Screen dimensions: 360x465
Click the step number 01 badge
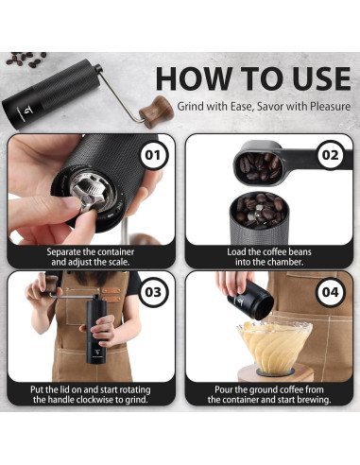click(152, 155)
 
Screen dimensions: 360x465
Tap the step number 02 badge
click(330, 155)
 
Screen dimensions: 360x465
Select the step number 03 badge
click(152, 292)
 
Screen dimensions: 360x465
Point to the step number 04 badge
click(330, 292)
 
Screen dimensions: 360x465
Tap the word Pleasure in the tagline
click(330, 106)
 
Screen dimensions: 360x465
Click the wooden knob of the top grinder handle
click(156, 112)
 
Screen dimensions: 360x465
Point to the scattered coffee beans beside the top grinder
click(26, 59)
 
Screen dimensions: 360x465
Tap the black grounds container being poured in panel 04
click(250, 301)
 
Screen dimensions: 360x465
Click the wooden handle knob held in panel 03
click(51, 284)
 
